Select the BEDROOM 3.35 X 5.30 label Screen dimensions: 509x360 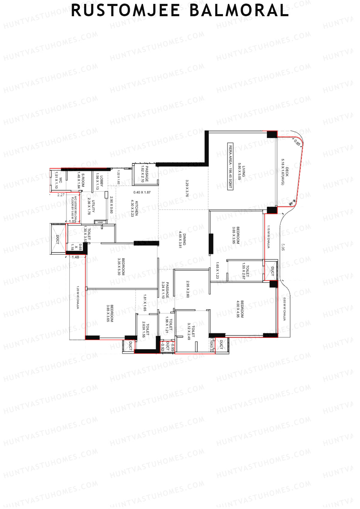pyautogui.click(x=121, y=267)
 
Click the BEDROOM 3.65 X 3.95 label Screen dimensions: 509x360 pyautogui.click(x=236, y=235)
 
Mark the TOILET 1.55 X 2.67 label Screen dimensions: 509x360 pyautogui.click(x=245, y=271)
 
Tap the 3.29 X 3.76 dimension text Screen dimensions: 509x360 pyautogui.click(x=187, y=188)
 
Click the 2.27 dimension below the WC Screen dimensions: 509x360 pyautogui.click(x=61, y=195)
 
